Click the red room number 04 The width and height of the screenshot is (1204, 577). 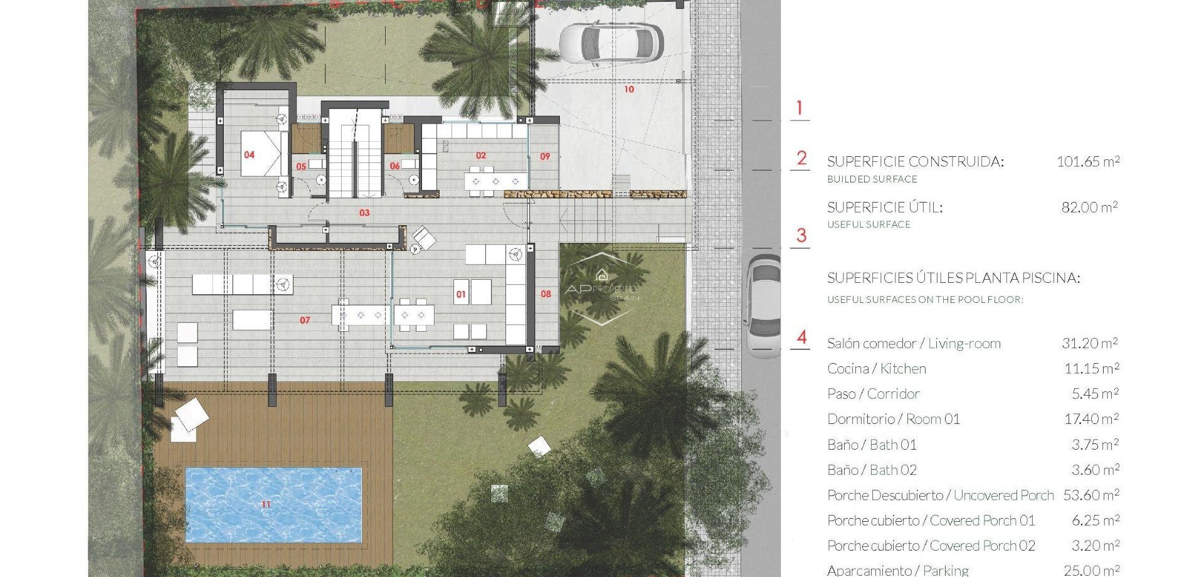click(x=249, y=155)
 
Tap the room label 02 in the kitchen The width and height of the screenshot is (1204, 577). click(x=481, y=156)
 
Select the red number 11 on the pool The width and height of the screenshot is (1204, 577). click(x=266, y=504)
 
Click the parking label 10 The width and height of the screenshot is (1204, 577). click(x=629, y=90)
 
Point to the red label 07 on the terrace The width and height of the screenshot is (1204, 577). click(x=305, y=320)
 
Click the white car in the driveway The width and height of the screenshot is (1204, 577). click(x=611, y=43)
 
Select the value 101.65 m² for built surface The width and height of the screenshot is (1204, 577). click(x=1088, y=162)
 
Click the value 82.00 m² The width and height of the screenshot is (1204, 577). click(x=1089, y=208)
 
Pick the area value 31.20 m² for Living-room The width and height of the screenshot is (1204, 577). click(x=1089, y=344)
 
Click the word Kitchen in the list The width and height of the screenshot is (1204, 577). click(x=903, y=369)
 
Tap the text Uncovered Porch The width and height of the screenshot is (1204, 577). click(x=1003, y=495)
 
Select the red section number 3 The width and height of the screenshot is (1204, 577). click(x=801, y=236)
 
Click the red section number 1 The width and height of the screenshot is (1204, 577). click(x=800, y=108)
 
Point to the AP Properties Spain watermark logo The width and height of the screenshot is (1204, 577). click(x=602, y=288)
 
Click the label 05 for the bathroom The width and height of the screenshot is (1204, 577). click(x=301, y=167)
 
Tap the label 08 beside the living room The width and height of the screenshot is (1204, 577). click(x=546, y=294)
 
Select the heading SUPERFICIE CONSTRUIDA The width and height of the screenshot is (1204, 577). click(x=915, y=162)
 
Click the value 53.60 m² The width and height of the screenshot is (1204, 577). click(x=1090, y=495)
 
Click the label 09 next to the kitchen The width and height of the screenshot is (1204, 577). click(x=545, y=157)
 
